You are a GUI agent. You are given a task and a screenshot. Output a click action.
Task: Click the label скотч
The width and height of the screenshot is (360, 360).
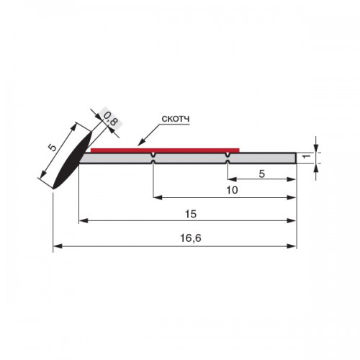pyautogui.click(x=176, y=119)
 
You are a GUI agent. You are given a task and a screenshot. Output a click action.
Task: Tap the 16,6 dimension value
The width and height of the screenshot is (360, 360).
pyautogui.click(x=191, y=238)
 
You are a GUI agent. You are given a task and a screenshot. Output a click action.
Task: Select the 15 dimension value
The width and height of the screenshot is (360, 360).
pyautogui.click(x=191, y=214)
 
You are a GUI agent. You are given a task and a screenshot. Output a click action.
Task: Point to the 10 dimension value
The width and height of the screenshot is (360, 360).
pyautogui.click(x=232, y=190)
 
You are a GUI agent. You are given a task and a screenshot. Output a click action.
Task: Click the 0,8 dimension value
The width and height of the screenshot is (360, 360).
pyautogui.click(x=110, y=119)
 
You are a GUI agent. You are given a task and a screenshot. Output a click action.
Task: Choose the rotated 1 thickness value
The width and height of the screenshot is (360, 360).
pyautogui.click(x=306, y=156)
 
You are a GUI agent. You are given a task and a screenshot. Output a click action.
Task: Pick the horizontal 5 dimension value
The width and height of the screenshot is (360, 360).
pyautogui.click(x=262, y=174)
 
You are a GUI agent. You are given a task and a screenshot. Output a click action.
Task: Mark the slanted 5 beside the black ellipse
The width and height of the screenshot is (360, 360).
pyautogui.click(x=53, y=147)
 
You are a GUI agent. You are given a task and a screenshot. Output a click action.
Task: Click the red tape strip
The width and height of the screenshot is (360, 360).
pyautogui.click(x=165, y=150)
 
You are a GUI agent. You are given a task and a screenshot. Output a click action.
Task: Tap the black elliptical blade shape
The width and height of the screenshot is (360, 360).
pyautogui.click(x=72, y=160)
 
